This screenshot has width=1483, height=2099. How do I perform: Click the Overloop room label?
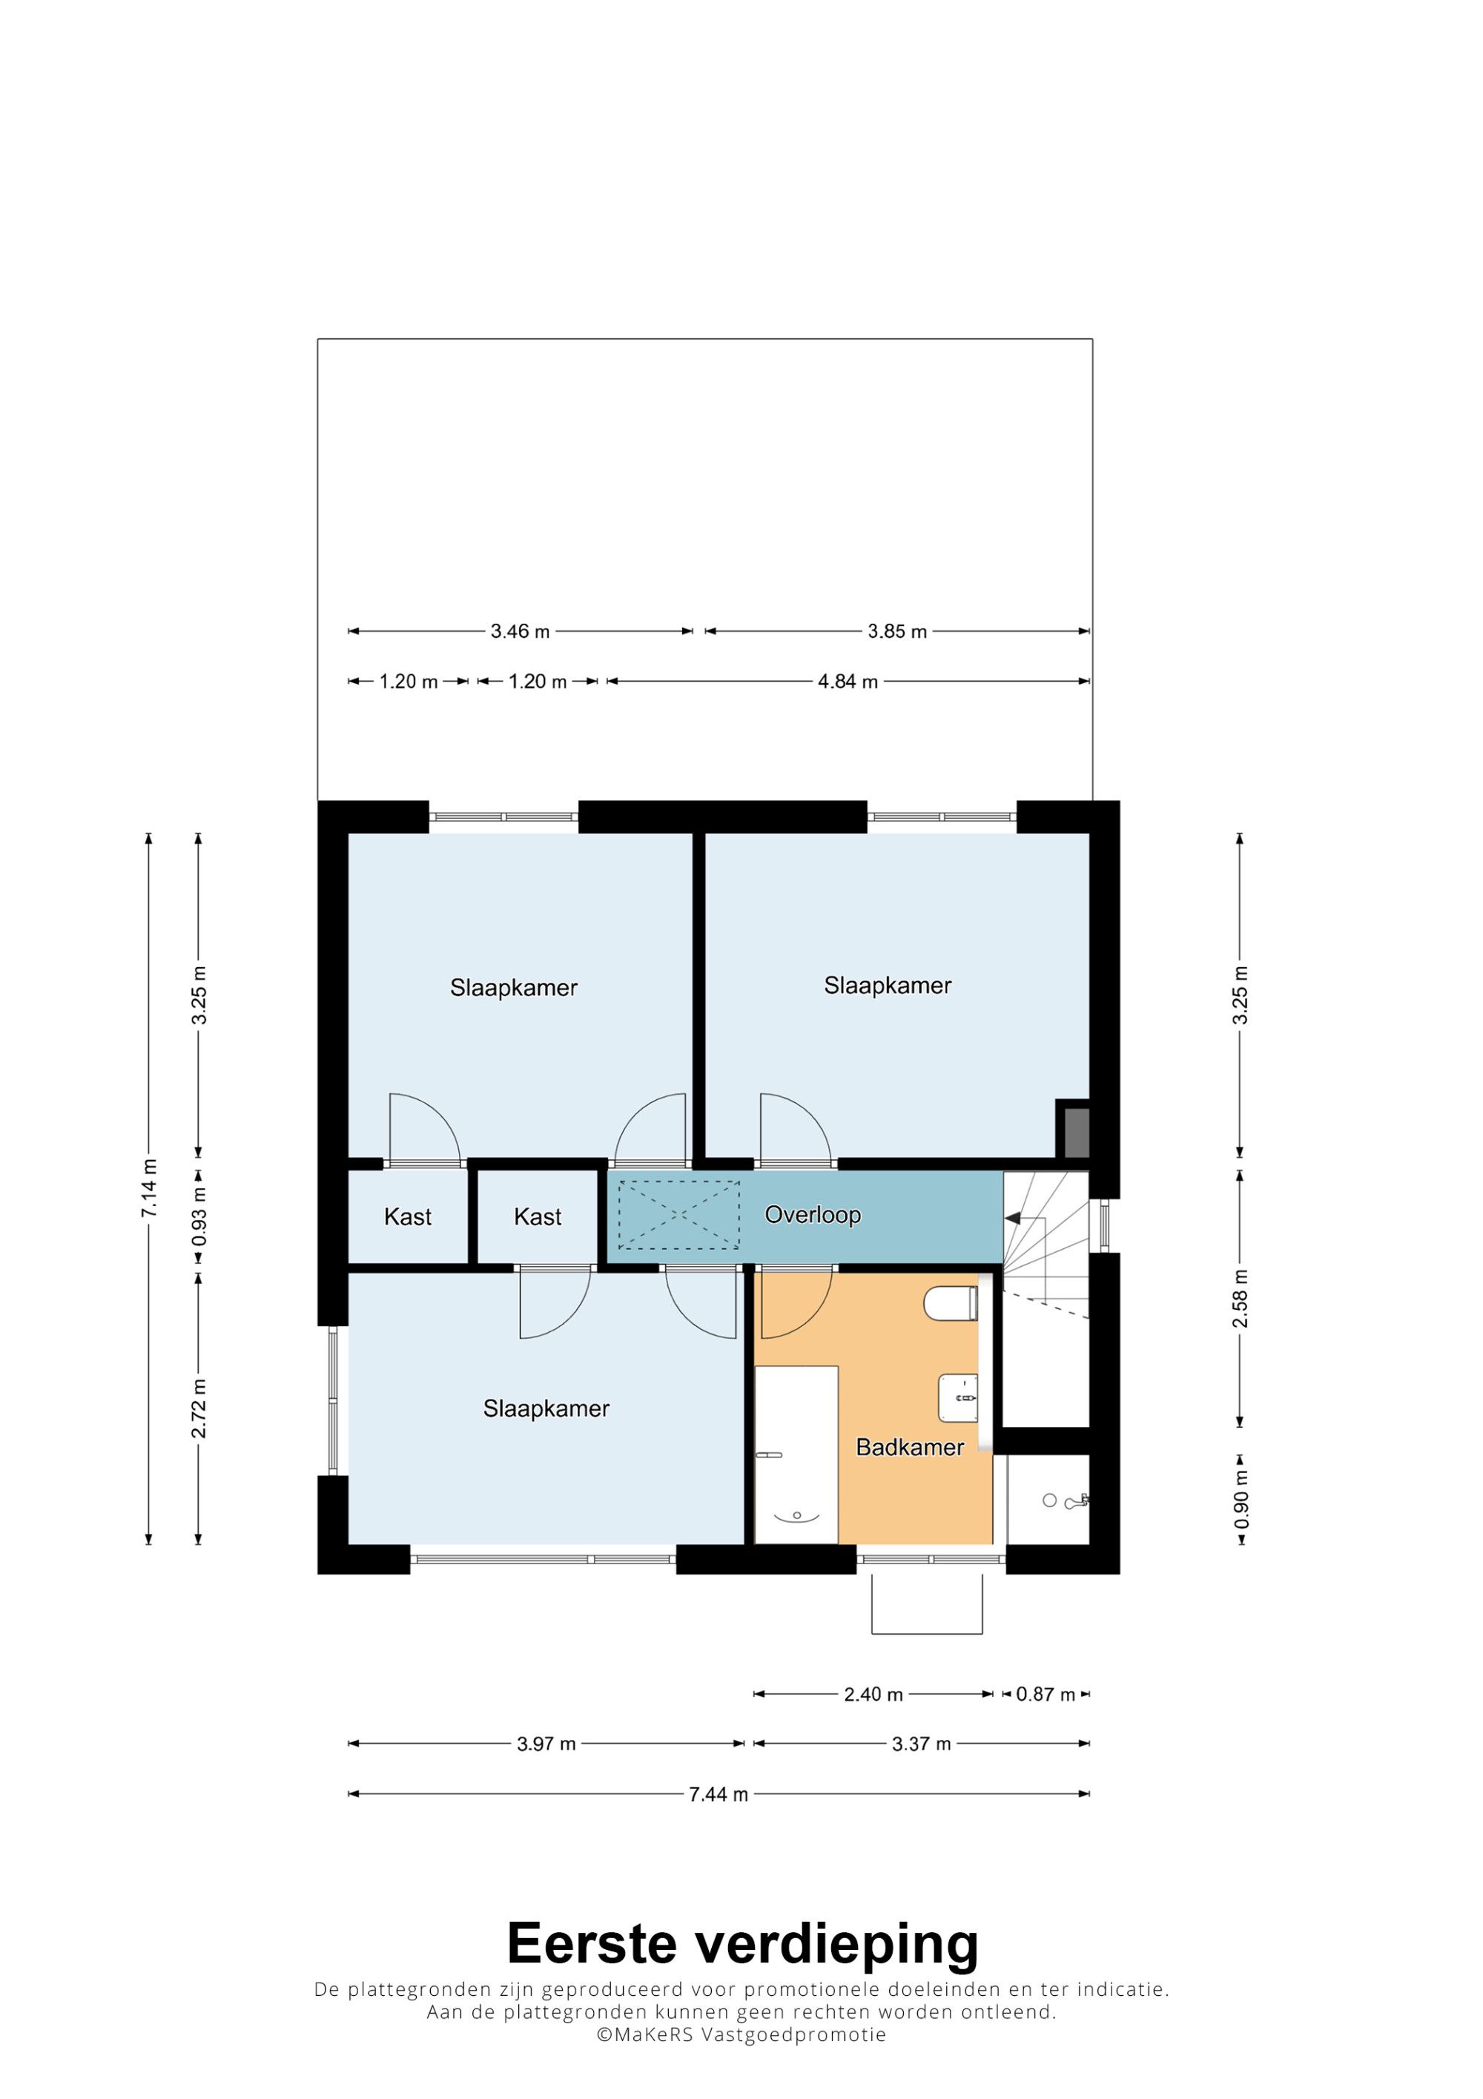[x=813, y=1215]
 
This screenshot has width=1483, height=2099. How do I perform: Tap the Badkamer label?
[x=909, y=1447]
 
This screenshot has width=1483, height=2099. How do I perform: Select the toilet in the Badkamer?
[x=951, y=1304]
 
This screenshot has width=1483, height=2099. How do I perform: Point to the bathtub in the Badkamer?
[x=796, y=1454]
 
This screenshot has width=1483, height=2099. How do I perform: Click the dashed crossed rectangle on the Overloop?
[x=679, y=1215]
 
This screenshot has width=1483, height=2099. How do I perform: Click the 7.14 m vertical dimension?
[x=149, y=1188]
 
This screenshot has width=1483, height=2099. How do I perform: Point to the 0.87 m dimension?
[x=1046, y=1694]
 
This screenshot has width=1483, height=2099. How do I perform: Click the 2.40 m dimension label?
[x=873, y=1694]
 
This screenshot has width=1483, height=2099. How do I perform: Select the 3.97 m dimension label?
[x=546, y=1744]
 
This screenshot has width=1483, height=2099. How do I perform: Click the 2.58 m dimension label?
[x=1240, y=1298]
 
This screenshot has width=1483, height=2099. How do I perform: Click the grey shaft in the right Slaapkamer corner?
[x=1075, y=1133]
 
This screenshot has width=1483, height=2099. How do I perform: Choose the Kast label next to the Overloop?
[x=538, y=1217]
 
